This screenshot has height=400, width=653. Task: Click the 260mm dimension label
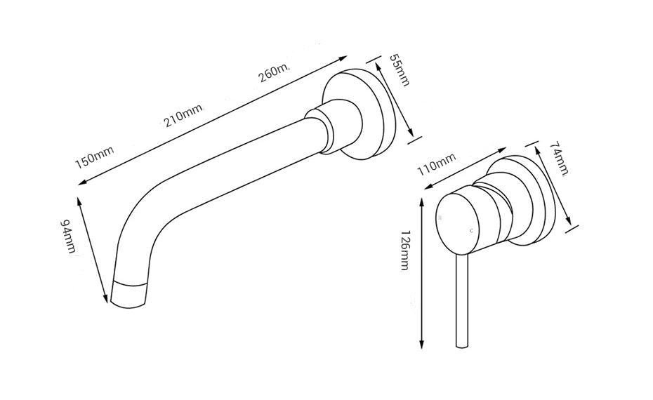point(275,72)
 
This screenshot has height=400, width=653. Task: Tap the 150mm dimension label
point(95,158)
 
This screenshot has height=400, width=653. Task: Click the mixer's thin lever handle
point(461,302)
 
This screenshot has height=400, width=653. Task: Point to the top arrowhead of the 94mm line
point(81,198)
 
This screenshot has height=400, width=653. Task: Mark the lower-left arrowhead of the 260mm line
point(81,182)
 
